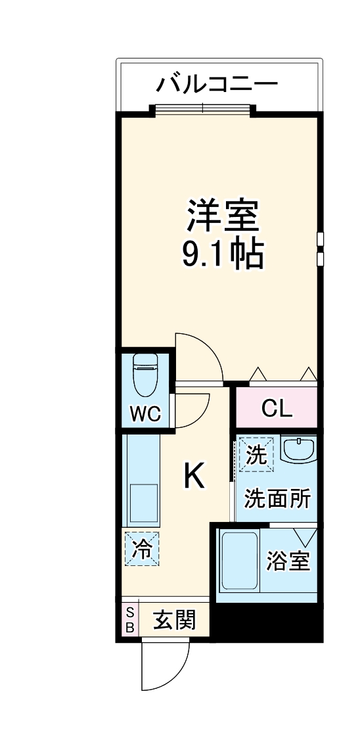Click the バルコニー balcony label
(217, 84)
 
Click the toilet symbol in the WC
(145, 375)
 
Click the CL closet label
(277, 408)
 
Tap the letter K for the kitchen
(194, 476)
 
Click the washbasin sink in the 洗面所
(298, 449)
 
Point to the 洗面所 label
(277, 499)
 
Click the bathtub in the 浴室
(240, 561)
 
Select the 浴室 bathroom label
(288, 561)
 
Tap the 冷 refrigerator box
(143, 548)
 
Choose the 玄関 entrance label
(175, 621)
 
